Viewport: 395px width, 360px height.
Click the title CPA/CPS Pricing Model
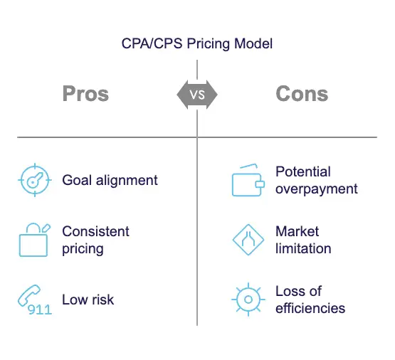197,43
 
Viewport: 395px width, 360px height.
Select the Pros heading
85,94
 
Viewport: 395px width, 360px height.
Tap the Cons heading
302,94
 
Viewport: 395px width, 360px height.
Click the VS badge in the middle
197,95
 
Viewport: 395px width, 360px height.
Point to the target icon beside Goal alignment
35,180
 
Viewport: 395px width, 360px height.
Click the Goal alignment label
110,180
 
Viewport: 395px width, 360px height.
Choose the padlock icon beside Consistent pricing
34,240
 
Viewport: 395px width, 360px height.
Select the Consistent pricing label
96,240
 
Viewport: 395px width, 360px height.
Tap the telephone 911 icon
35,300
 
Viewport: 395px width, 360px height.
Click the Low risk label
88,300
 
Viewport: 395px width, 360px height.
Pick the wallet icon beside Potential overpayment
248,180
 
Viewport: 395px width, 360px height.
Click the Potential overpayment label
317,180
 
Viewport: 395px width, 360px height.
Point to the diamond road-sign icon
248,240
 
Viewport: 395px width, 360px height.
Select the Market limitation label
303,240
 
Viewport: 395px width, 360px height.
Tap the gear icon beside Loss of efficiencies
248,300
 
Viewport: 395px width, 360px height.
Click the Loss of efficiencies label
310,300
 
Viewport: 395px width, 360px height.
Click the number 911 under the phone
40,309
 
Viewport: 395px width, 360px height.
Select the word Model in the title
253,43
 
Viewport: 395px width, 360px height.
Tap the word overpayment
317,189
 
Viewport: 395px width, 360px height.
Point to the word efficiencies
310,308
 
